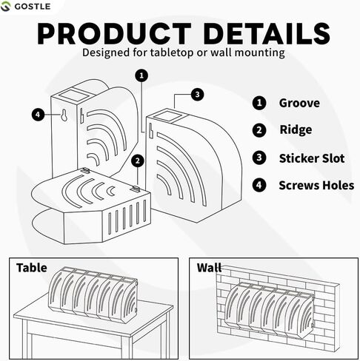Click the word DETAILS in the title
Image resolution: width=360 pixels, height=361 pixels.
coord(260,34)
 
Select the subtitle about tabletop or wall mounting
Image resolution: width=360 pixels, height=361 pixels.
coord(180,53)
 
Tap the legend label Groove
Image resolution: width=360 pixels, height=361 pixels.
coord(299,103)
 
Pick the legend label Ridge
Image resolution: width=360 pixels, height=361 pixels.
coord(296,130)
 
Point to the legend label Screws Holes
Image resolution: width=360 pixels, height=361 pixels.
coord(316,185)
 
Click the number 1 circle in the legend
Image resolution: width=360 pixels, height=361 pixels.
coord(259,103)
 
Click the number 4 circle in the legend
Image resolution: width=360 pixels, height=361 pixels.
coord(259,185)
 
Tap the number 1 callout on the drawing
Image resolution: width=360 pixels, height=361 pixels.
coord(142,75)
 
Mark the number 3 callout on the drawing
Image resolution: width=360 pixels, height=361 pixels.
coord(197,94)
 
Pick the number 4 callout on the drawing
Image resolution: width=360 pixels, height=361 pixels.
coord(38,115)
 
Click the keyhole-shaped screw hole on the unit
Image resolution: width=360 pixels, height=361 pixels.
coord(64,117)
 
